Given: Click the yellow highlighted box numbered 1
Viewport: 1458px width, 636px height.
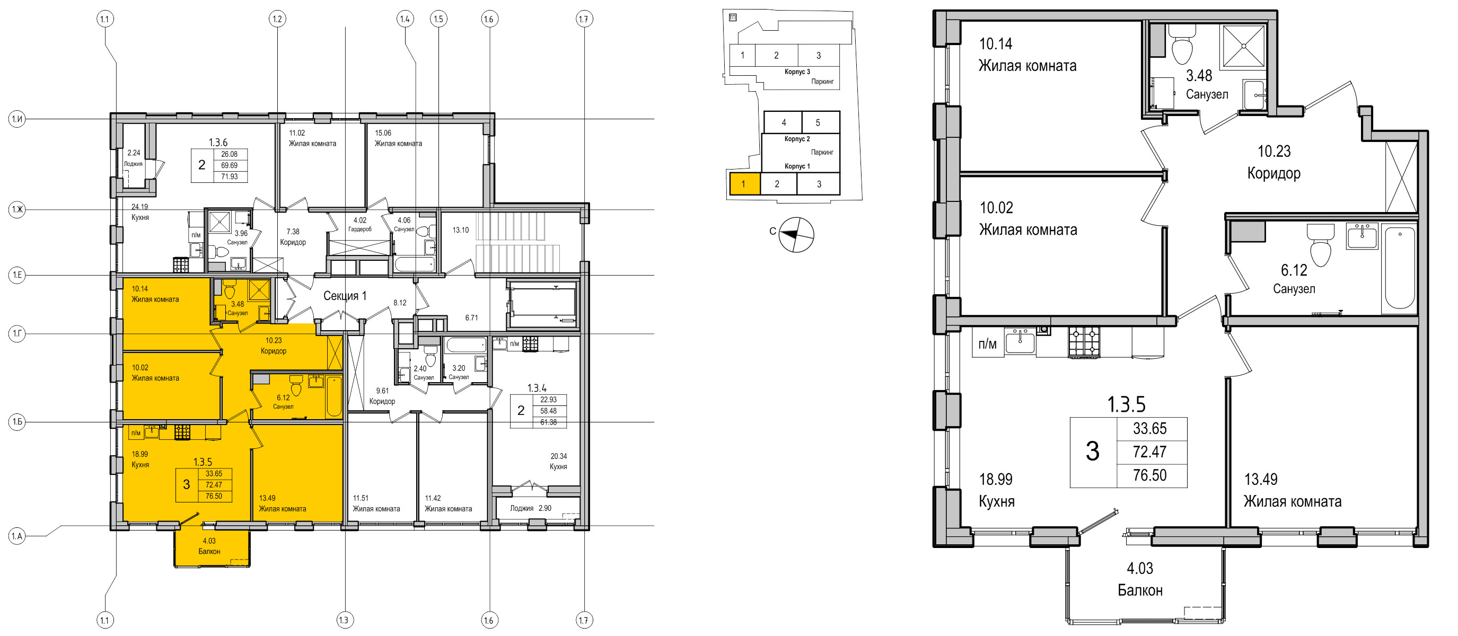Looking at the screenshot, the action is [x=744, y=184].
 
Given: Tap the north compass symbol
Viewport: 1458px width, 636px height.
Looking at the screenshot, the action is [x=796, y=234].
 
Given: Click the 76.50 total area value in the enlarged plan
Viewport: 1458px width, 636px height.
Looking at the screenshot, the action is [x=1149, y=475].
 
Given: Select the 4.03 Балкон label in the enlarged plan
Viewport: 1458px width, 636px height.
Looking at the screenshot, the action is [x=1139, y=579].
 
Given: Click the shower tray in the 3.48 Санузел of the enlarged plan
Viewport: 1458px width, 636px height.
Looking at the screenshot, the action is [x=1243, y=46].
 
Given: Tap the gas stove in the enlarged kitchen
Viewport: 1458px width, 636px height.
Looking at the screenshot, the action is [x=1083, y=342].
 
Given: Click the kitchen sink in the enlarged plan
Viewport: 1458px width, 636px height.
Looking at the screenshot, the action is [x=1020, y=342].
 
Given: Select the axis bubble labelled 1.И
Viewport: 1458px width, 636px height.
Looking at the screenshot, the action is [x=17, y=119].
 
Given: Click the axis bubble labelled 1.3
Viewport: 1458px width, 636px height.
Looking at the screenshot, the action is [x=344, y=620].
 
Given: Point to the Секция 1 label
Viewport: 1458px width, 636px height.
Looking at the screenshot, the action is [x=345, y=295].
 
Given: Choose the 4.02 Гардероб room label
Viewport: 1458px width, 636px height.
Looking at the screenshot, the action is [x=360, y=225].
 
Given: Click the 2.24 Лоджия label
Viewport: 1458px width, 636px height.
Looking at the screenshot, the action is [x=134, y=158].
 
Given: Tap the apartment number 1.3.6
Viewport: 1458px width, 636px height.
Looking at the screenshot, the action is [x=218, y=143].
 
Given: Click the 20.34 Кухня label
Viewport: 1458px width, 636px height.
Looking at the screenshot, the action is [x=558, y=461].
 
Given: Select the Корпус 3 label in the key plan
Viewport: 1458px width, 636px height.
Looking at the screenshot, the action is [x=797, y=72].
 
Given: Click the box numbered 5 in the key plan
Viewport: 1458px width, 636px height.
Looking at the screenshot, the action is [x=818, y=122].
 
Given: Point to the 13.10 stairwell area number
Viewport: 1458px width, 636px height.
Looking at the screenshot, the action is [x=461, y=231].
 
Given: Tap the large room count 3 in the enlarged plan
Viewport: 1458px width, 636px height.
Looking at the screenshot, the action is [x=1092, y=452].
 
